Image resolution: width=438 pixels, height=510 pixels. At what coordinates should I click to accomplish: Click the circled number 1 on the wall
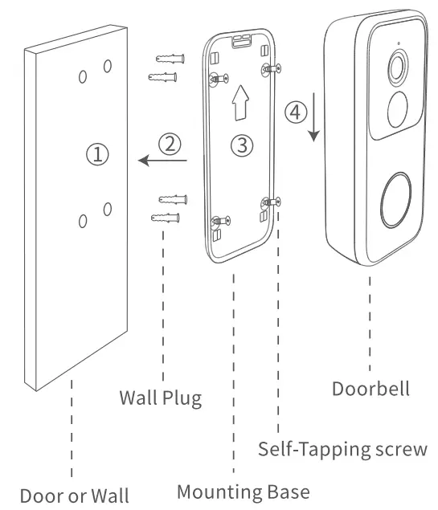pos(96,154)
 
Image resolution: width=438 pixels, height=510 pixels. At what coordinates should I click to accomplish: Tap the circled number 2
pos(169,144)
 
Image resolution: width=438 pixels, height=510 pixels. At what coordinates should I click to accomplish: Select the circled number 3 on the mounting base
pos(242,145)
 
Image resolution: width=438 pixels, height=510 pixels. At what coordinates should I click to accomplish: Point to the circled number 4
pos(295,112)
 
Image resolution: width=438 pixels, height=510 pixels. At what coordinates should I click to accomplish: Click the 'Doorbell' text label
pos(370,389)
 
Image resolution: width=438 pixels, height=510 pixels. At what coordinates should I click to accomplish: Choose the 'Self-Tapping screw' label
pos(342,448)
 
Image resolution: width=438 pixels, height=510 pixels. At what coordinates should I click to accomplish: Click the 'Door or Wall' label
pos(74,494)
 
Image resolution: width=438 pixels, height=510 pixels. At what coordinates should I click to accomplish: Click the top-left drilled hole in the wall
pos(82,76)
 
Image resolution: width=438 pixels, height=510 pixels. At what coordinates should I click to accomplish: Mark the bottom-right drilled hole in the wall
pos(107,209)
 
